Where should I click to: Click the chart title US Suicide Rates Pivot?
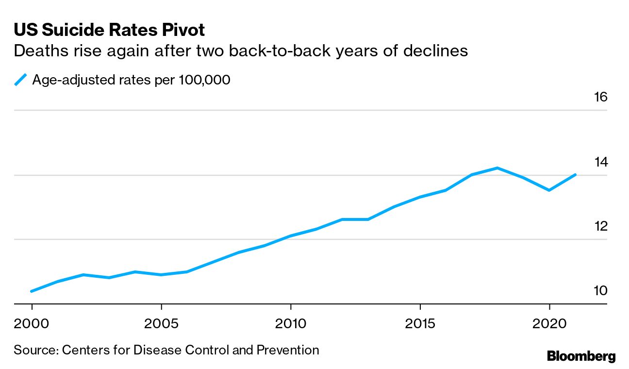[109, 30]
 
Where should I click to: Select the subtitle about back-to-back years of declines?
[241, 50]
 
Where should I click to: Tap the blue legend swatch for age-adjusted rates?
[20, 80]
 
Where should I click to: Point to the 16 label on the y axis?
[600, 97]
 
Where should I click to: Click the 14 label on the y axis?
[600, 162]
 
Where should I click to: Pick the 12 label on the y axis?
[600, 226]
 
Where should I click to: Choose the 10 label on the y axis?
[600, 291]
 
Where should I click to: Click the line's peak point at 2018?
[497, 168]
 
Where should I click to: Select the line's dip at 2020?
[549, 190]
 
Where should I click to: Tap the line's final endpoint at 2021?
[575, 174]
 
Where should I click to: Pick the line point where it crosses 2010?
[290, 236]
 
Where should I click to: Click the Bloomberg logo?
[581, 356]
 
